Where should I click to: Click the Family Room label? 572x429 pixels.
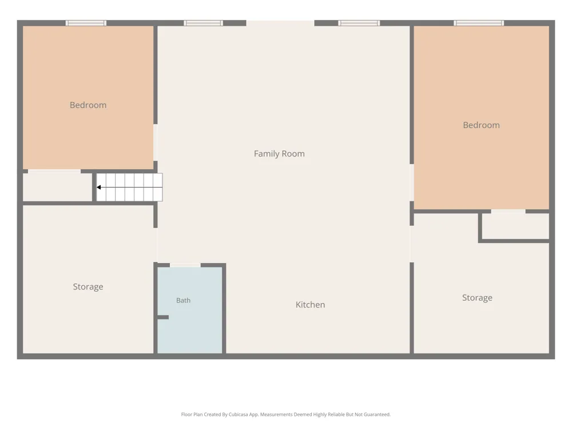pos(279,153)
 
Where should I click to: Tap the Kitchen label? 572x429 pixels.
pos(310,305)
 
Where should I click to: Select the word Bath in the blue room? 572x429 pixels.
pos(183,300)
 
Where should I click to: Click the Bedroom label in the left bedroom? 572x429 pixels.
pos(88,105)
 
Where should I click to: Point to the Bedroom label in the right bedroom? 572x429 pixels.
pos(481,125)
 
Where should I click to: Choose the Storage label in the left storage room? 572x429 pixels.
pos(88,287)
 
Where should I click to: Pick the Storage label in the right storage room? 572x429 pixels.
pos(477,297)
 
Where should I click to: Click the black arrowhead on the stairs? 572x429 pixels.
pos(98,187)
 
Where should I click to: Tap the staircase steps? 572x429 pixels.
pos(129,187)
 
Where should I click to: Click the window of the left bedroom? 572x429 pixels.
pos(86,23)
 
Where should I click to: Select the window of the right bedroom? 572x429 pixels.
pos(479,23)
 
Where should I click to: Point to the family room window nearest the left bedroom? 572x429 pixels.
pos(203,23)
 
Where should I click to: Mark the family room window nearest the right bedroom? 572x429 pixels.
pos(359,23)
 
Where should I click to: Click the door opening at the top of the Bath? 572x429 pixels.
pos(185,265)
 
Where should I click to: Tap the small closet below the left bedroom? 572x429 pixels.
pos(58,187)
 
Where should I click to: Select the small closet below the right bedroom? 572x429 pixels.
pos(515,226)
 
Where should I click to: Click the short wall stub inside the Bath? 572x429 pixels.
pos(163,317)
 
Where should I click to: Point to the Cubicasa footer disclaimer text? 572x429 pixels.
pos(285,414)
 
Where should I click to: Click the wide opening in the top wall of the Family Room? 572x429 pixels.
pos(280,23)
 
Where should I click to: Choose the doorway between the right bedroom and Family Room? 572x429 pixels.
pos(412,182)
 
